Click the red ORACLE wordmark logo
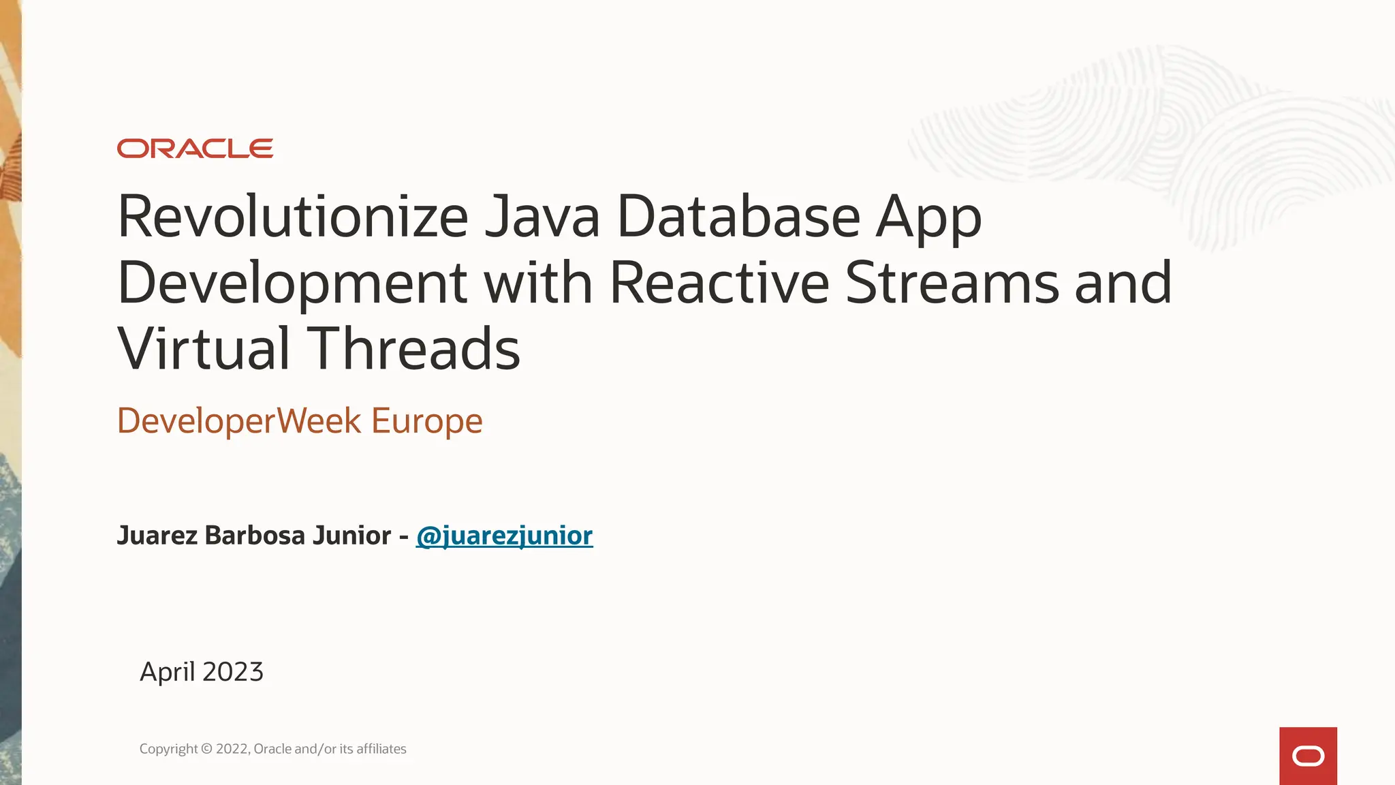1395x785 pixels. pyautogui.click(x=195, y=149)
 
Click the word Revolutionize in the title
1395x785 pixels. pyautogui.click(x=293, y=217)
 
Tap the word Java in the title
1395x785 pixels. pyautogui.click(x=542, y=217)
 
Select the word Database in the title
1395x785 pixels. pyautogui.click(x=738, y=217)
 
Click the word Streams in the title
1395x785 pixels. pyautogui.click(x=952, y=283)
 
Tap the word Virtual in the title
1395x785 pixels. pyautogui.click(x=204, y=349)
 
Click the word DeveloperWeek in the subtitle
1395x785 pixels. pyautogui.click(x=239, y=421)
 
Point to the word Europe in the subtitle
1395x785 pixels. pyautogui.click(x=427, y=421)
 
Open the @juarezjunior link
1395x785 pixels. pyautogui.click(x=504, y=536)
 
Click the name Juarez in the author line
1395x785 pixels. pyautogui.click(x=157, y=536)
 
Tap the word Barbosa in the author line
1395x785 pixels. pyautogui.click(x=255, y=536)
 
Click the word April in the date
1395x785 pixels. pyautogui.click(x=167, y=673)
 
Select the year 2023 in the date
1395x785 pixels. pyautogui.click(x=233, y=672)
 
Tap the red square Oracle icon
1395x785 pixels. pyautogui.click(x=1308, y=756)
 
